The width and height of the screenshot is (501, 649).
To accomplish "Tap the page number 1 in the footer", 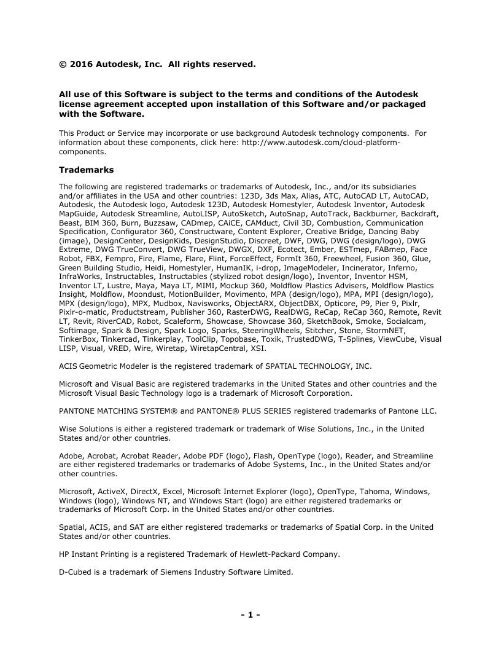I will point(251,614).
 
